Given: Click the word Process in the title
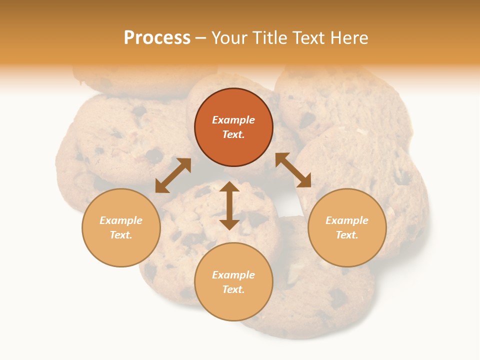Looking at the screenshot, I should click(x=157, y=38).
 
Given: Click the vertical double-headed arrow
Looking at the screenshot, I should click(x=229, y=205).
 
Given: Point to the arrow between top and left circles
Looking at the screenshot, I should click(x=173, y=175).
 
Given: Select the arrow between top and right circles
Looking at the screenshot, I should click(x=293, y=170).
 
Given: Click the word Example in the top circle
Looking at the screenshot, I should click(x=233, y=120).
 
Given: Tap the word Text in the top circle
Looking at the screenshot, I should click(x=233, y=134).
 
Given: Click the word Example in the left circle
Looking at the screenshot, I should click(x=121, y=220).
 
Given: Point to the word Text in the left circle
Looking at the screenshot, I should click(x=121, y=235).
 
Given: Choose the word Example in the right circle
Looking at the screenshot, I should click(x=347, y=220).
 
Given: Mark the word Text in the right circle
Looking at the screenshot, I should click(x=347, y=235).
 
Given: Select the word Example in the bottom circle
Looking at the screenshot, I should click(x=233, y=275).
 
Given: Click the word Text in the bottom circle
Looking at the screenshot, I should click(x=233, y=289).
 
